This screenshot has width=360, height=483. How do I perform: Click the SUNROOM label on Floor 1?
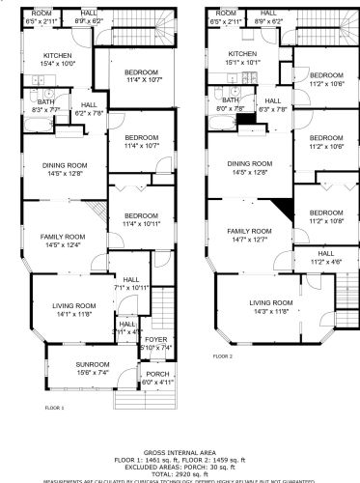[x=67, y=366]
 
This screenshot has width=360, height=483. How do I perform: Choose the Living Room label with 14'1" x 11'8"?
[x=69, y=309]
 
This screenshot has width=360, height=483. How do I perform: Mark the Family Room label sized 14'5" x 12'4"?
[x=64, y=241]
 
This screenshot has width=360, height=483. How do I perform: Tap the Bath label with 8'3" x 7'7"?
[x=45, y=106]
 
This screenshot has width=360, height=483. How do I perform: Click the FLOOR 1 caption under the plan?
[x=55, y=409]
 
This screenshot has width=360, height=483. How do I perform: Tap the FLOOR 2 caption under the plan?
[x=223, y=355]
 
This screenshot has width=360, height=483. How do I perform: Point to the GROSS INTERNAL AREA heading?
[x=180, y=451]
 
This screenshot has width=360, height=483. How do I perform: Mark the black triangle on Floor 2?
[x=283, y=209]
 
